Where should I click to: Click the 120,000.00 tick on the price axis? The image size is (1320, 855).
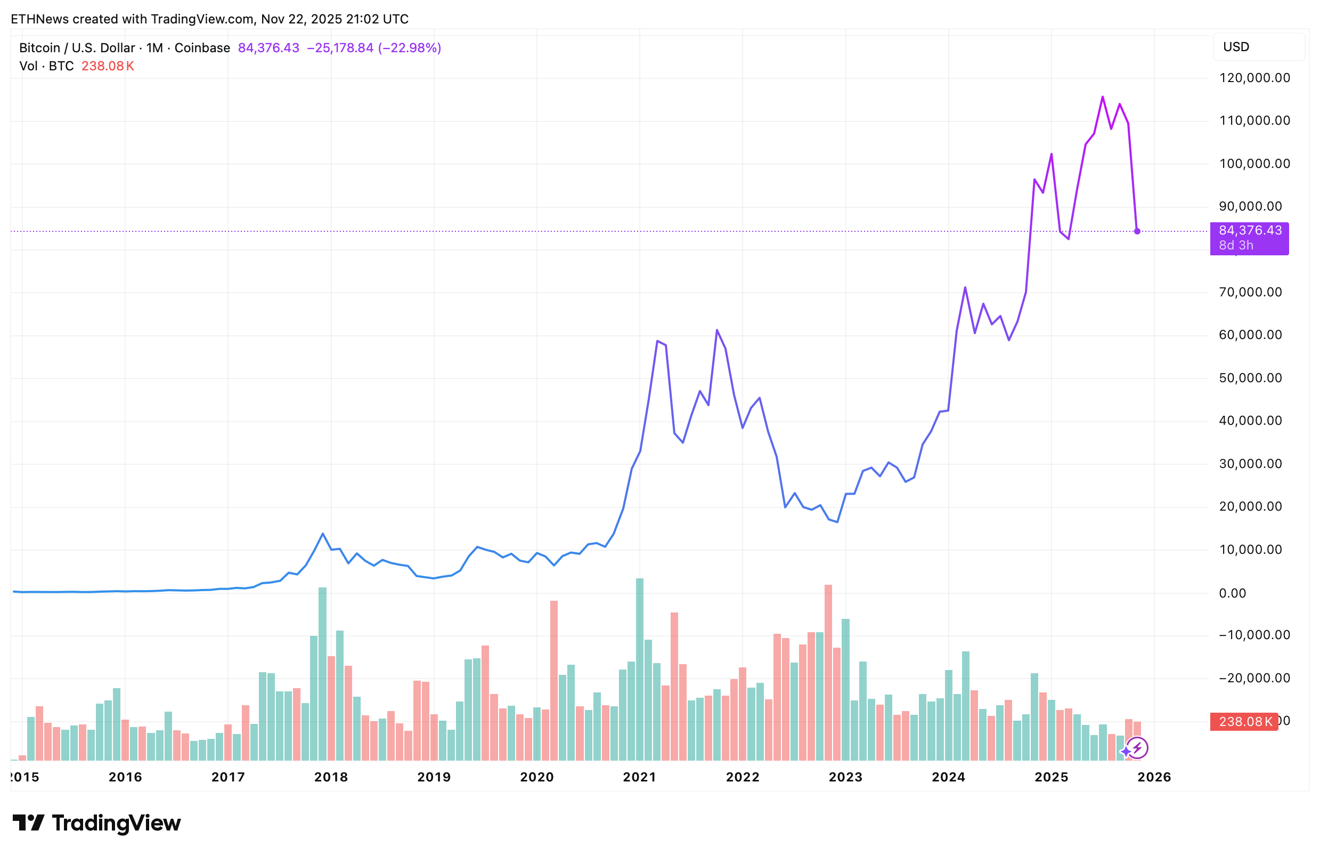click(1254, 78)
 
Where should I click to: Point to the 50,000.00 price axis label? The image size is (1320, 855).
click(1250, 378)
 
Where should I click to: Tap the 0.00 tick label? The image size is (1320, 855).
click(1232, 593)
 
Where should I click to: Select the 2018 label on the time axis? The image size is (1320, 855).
click(331, 777)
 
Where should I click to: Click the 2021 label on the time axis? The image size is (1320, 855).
click(639, 777)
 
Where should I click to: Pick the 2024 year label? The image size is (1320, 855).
click(948, 777)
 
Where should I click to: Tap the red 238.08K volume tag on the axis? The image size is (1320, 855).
click(1244, 721)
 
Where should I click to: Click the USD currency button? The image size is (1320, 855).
click(1236, 46)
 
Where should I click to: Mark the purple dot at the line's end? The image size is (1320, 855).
click(1137, 231)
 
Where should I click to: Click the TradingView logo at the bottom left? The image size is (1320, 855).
click(96, 823)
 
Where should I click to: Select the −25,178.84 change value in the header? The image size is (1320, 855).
click(340, 48)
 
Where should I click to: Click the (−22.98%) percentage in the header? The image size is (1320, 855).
click(409, 48)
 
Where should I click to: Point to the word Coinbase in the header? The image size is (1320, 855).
click(202, 48)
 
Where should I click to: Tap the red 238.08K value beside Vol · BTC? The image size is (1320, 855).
click(108, 66)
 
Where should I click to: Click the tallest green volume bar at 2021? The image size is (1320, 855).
click(639, 666)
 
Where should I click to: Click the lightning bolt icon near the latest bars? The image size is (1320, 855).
click(1137, 748)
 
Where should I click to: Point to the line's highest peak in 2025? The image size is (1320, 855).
click(1103, 97)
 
